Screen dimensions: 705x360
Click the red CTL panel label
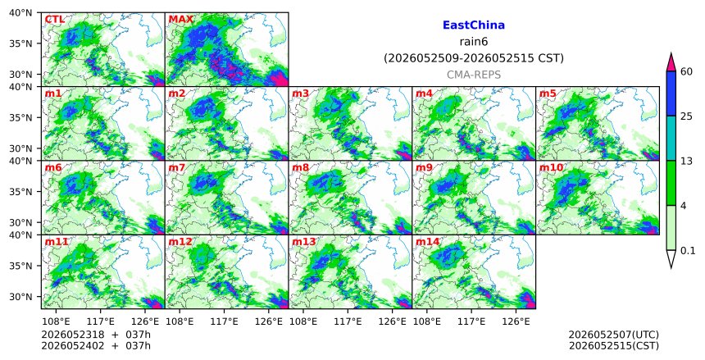click(54, 20)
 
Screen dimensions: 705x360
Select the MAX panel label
click(180, 20)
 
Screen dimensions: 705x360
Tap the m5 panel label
click(548, 93)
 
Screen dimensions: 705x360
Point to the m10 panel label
click(551, 168)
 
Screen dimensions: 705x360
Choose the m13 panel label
click(304, 242)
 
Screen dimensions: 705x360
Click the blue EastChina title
click(474, 25)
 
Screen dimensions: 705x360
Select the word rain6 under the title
click(474, 42)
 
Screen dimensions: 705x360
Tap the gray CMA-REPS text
click(474, 75)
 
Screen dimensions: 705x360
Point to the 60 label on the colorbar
click(686, 71)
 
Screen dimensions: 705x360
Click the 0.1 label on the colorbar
click(688, 251)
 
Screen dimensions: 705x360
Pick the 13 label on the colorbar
click(686, 161)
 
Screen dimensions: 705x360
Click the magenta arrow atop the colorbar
click(671, 62)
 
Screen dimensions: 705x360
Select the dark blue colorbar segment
click(671, 93)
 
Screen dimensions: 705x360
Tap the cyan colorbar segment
click(671, 138)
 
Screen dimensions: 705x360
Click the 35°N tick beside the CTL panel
click(20, 43)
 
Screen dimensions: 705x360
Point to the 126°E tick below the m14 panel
click(516, 321)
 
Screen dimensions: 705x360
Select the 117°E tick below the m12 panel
click(224, 321)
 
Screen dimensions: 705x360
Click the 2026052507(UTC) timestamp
click(614, 335)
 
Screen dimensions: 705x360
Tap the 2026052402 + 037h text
click(96, 345)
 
